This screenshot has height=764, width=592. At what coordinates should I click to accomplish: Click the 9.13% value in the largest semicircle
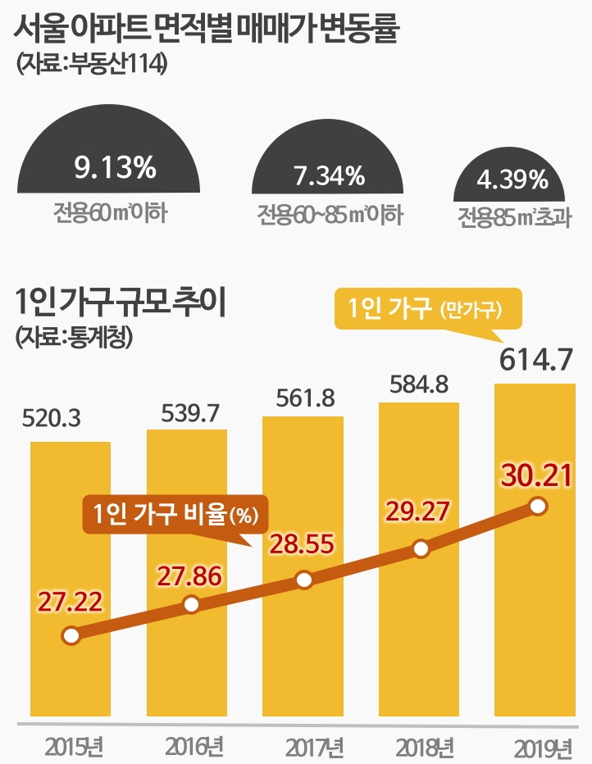coord(115,168)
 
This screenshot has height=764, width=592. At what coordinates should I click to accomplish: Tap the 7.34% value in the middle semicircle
coord(328,175)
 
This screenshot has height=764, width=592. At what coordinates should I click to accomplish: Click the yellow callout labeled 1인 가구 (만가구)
coord(426,310)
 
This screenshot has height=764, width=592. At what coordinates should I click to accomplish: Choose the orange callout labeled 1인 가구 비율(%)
coord(175,515)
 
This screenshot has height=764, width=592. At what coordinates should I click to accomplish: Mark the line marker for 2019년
coord(538,507)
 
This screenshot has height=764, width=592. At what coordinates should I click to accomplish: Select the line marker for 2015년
coord(71,635)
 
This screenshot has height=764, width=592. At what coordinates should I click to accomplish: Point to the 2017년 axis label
coord(314,747)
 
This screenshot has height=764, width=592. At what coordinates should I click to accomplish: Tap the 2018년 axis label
coord(424,747)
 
